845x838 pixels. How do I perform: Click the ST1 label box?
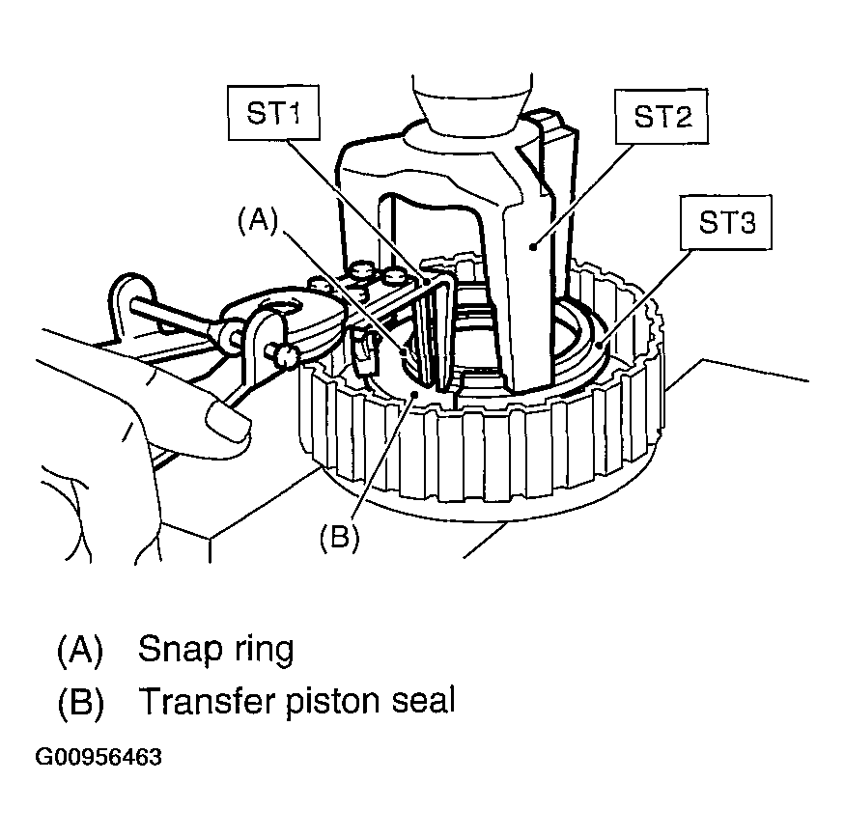(273, 113)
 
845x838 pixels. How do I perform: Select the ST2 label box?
(662, 117)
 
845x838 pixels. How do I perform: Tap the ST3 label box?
(726, 222)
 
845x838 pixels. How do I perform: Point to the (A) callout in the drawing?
(258, 220)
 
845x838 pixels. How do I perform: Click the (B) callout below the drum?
(339, 537)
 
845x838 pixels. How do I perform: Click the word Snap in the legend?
(181, 651)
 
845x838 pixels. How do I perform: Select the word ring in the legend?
(264, 651)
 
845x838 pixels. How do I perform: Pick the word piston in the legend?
(333, 703)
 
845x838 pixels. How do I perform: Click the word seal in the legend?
(424, 701)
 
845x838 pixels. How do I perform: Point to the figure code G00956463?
(99, 757)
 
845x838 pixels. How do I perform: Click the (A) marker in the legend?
(80, 651)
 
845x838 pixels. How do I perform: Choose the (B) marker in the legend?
(80, 701)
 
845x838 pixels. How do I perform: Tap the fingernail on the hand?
(229, 419)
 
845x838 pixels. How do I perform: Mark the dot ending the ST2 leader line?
(533, 247)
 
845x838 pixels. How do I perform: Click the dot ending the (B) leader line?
(414, 395)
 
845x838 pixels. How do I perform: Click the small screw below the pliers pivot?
(283, 356)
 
